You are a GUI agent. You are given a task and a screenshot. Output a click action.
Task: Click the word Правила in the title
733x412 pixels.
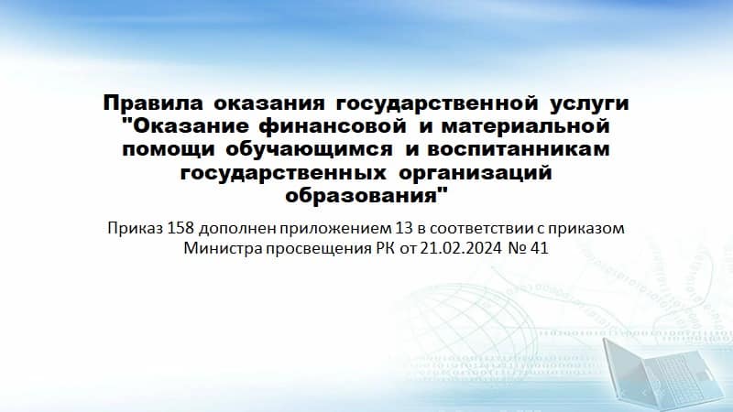[x=153, y=103]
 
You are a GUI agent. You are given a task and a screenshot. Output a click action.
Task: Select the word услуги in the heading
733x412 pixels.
[x=589, y=104]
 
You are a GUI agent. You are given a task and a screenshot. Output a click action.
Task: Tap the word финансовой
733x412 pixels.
[x=332, y=126]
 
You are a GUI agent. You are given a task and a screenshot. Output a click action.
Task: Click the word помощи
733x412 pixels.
[x=169, y=150]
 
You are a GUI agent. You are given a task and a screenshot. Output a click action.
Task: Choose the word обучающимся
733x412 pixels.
[x=310, y=149]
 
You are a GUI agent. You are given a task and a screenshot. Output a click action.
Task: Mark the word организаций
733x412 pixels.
[x=476, y=173]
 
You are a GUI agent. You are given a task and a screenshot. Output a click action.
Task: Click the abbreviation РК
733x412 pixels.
[x=386, y=248]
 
